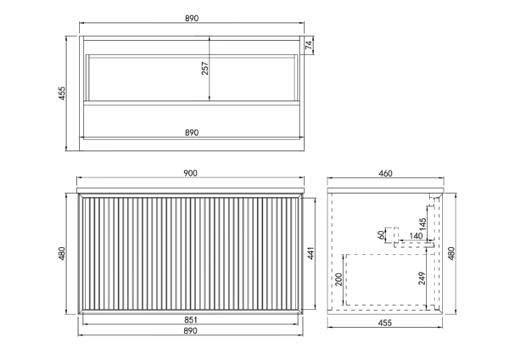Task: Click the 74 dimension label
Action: click(310, 45)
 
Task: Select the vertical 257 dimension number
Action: click(204, 69)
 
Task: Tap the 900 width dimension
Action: click(190, 173)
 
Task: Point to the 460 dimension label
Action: click(385, 173)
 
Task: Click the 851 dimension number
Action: click(191, 320)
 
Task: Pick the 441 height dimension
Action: click(310, 253)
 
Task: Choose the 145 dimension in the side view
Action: click(422, 224)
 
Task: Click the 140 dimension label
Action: click(416, 236)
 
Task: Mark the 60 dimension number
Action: click(381, 234)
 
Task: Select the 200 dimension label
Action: click(338, 279)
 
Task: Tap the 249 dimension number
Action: click(422, 278)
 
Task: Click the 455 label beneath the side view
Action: click(385, 323)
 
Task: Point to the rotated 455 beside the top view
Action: click(62, 93)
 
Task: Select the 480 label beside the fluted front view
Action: click(62, 253)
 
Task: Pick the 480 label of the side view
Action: click(451, 253)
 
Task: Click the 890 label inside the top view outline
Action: click(192, 132)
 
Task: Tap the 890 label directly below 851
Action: click(190, 331)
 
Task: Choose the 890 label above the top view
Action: click(192, 19)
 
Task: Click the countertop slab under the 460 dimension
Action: click(385, 190)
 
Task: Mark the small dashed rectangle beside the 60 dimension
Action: click(395, 234)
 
